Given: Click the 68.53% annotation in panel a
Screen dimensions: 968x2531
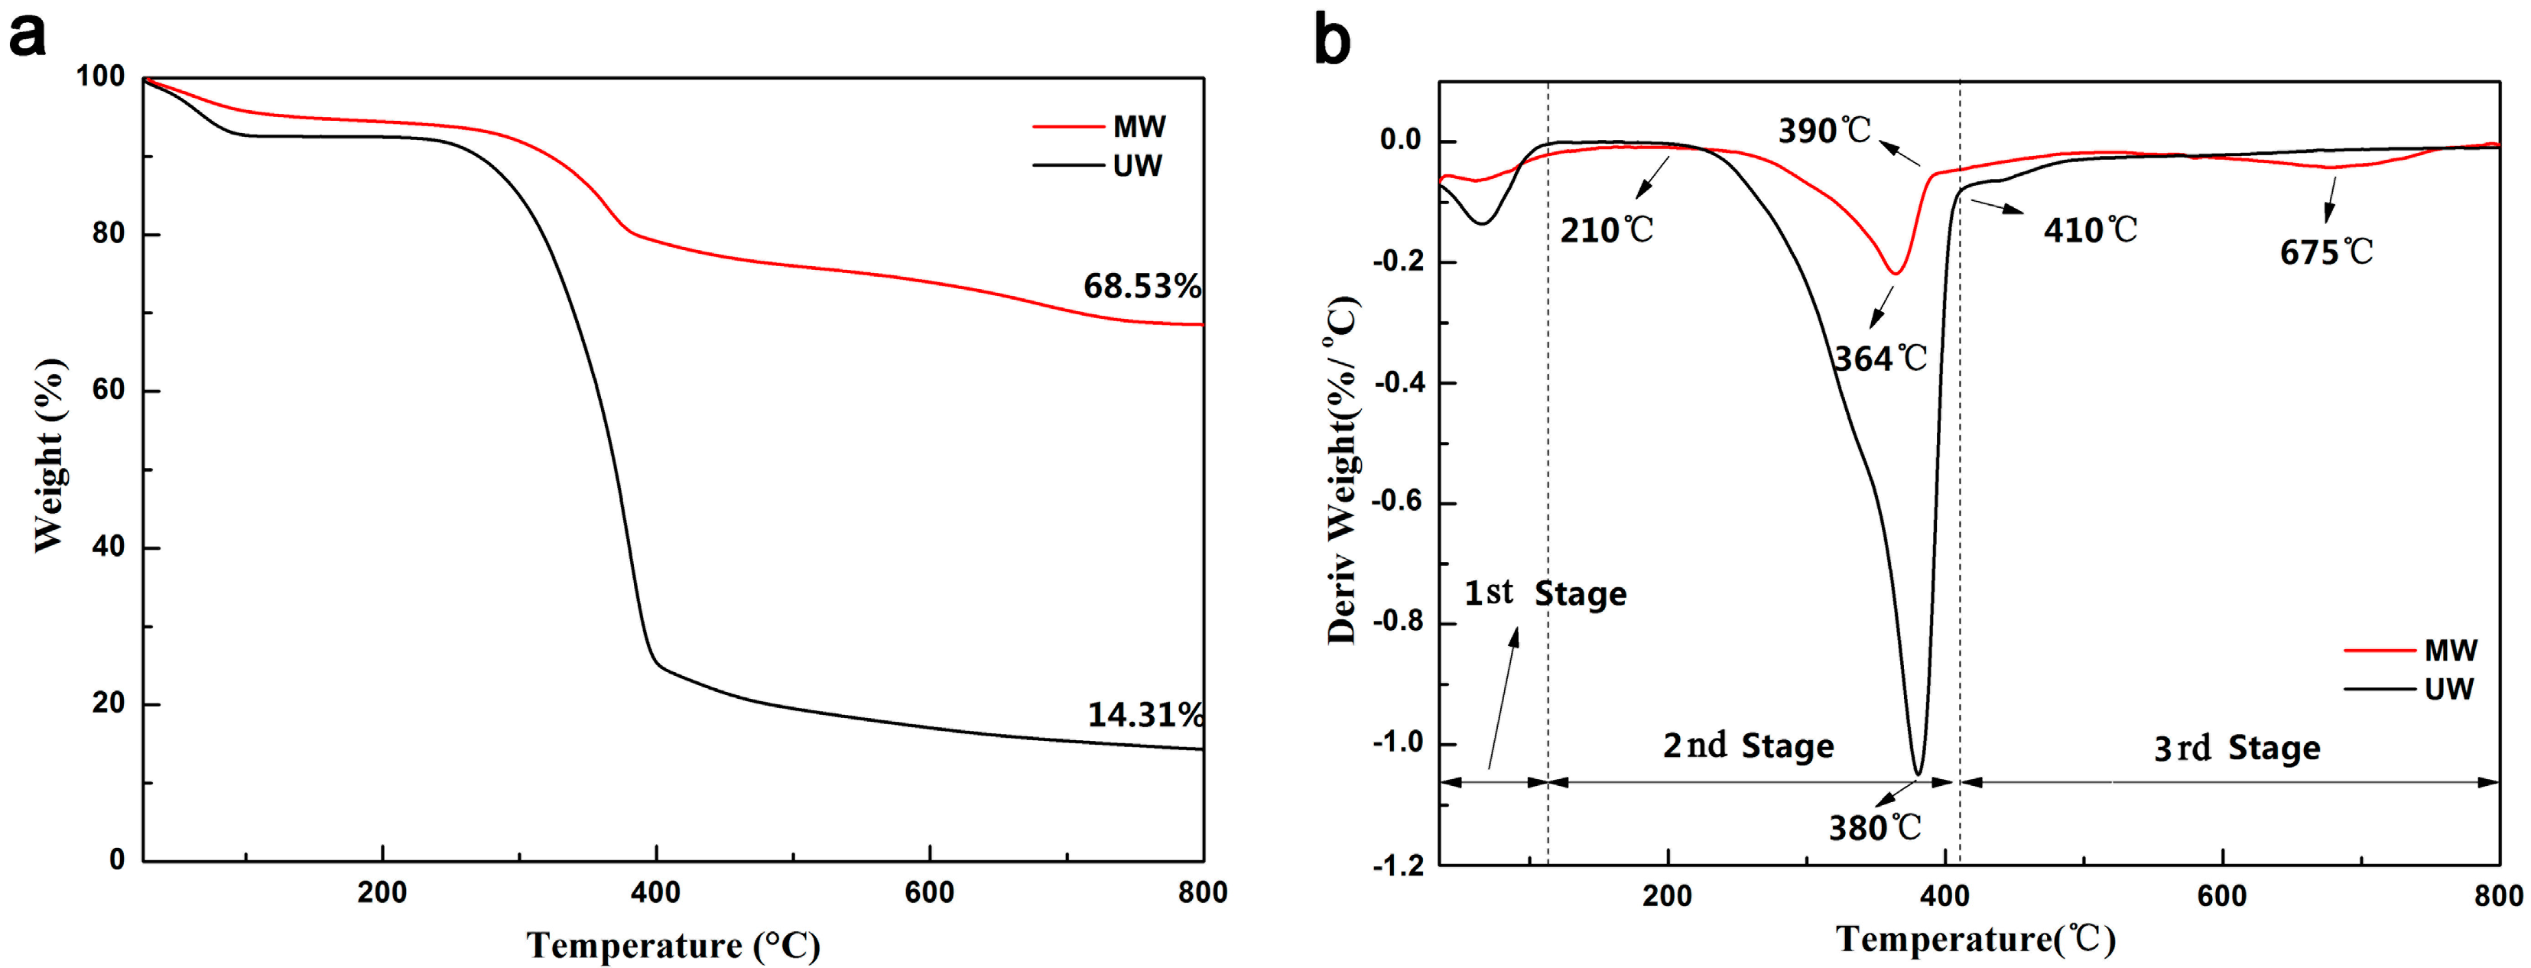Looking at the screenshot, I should coord(1142,286).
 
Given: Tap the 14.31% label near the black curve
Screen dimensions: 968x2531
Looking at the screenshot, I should coord(1145,714).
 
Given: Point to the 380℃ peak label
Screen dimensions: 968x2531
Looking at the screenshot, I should coord(1873,827).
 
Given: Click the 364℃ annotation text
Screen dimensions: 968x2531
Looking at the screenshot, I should coord(1880,359).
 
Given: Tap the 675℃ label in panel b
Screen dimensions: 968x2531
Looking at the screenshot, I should coord(2325,252).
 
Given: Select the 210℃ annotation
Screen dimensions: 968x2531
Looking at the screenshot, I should coord(1607,230).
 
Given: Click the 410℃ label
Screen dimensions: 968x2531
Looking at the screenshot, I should coord(2090,230).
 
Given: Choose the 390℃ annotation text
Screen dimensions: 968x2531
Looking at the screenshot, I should coord(1824,131).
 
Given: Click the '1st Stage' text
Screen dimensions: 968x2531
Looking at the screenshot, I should coord(1545,593).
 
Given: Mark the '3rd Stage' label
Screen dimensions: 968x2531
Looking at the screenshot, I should coord(2237,748).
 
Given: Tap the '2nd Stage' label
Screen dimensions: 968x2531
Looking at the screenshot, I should coord(1748,746).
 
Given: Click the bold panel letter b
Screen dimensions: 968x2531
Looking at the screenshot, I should coord(1332,41).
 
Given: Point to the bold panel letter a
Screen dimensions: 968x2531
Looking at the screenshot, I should coord(27,37).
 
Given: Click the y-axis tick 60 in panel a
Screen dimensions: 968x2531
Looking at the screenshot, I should coord(108,390).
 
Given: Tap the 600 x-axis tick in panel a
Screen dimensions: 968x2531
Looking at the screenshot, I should coord(928,892).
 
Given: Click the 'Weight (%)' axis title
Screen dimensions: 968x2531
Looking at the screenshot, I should coord(49,455).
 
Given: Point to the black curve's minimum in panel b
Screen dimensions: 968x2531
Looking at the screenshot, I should coord(1918,774).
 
